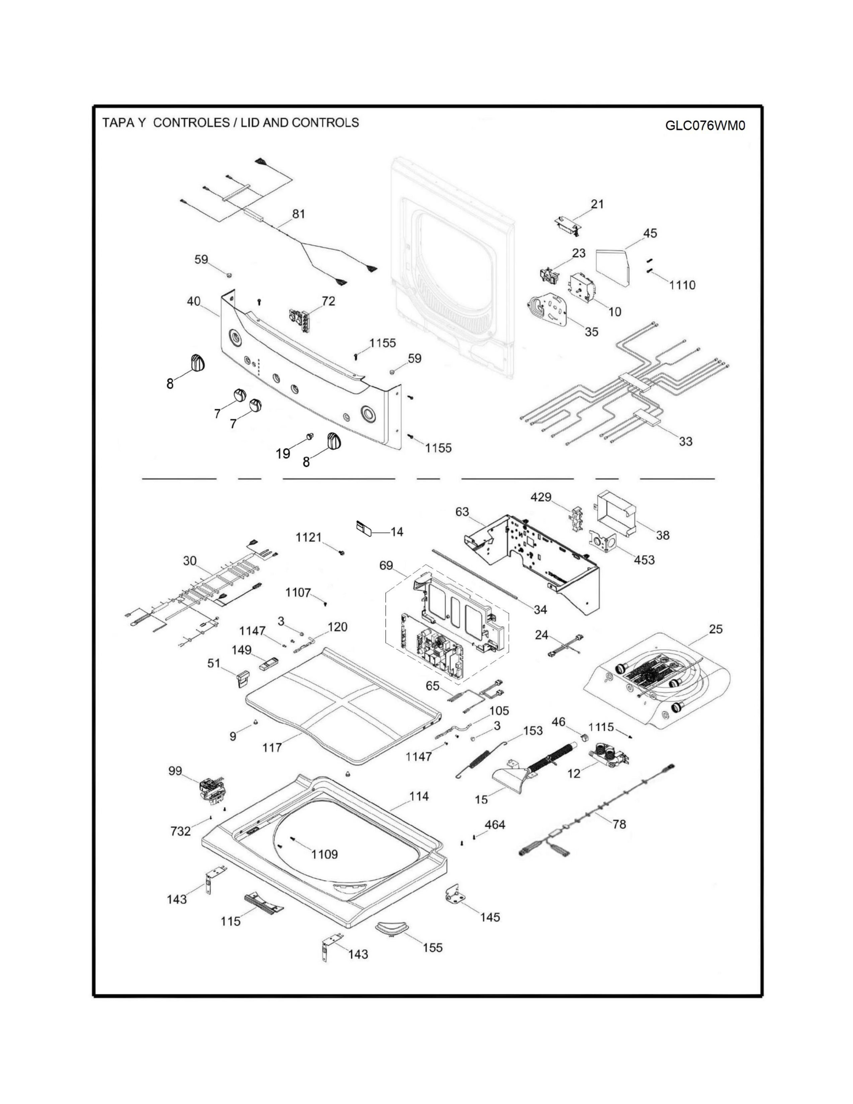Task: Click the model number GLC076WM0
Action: click(705, 125)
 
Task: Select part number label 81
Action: click(299, 214)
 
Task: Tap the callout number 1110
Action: click(682, 285)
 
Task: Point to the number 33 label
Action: click(685, 441)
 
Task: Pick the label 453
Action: click(644, 560)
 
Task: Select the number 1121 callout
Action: click(308, 537)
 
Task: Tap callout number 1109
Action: click(324, 854)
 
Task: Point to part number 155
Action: click(433, 947)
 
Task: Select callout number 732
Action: click(180, 831)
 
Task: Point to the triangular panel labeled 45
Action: click(612, 266)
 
